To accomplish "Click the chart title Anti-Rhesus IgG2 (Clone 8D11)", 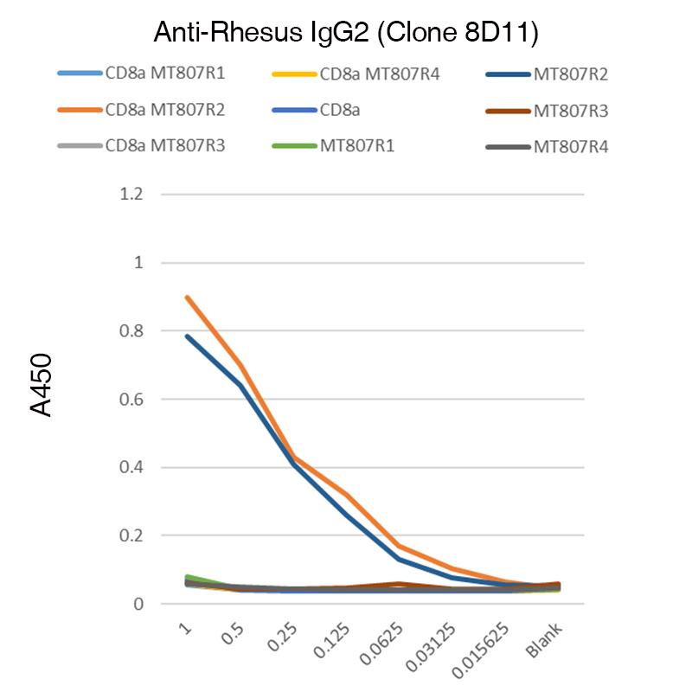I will [346, 34].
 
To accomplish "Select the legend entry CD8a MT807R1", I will [164, 74].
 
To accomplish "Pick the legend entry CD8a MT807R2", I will [164, 110].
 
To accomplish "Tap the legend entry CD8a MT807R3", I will [164, 146].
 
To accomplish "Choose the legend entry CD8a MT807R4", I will [380, 74].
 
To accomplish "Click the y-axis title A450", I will [42, 384].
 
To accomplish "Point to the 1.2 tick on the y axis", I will [129, 194].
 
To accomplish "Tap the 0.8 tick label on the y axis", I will [129, 330].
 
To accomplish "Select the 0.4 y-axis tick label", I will [129, 467].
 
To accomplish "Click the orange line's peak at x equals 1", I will [186, 297].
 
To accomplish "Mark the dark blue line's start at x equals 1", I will [186, 336].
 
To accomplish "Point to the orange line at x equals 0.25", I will [294, 457].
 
